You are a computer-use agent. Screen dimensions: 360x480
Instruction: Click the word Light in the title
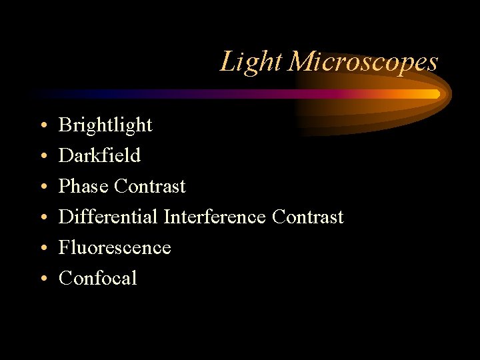pos(253,62)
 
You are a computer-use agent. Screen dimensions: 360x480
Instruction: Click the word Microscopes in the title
pos(364,62)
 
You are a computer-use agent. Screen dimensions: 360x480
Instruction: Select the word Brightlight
pos(105,125)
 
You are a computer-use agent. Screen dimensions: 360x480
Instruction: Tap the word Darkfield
pos(99,155)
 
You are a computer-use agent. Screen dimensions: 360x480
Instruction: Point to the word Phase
pos(84,186)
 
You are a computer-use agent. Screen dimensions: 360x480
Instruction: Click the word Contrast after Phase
pos(150,186)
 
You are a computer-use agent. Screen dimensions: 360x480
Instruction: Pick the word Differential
pos(108,217)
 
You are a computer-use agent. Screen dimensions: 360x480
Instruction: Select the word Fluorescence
pos(115,247)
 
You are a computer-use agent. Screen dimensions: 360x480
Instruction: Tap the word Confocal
pos(97,278)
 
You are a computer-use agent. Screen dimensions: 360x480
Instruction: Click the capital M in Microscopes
pos(301,62)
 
